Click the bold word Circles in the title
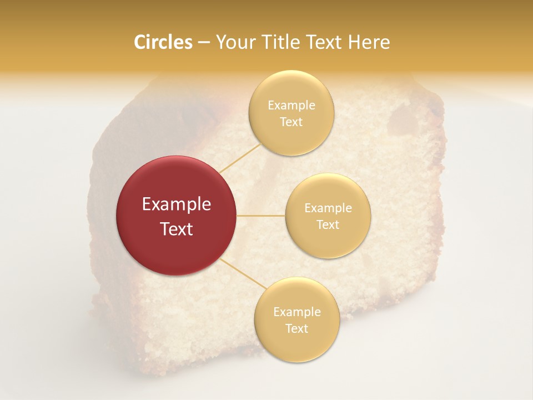click(x=163, y=42)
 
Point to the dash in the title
click(x=204, y=43)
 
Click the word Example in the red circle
click(x=177, y=204)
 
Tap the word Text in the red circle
click(x=177, y=229)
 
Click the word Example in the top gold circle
click(x=291, y=105)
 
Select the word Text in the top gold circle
click(x=291, y=122)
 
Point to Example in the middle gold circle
click(x=328, y=208)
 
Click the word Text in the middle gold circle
click(x=328, y=224)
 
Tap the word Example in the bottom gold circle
click(x=296, y=312)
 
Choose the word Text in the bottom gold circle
click(x=296, y=328)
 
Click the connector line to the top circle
click(x=240, y=157)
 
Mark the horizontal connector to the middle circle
click(x=261, y=216)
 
